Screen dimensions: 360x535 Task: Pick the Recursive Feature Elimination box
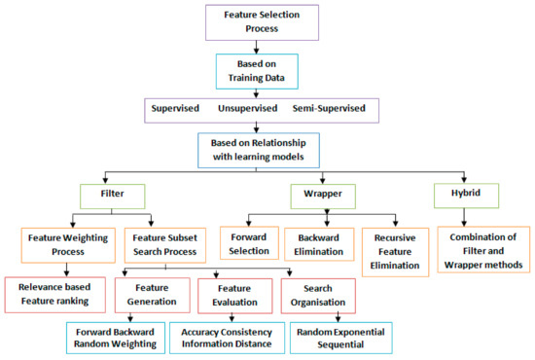tap(399, 249)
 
